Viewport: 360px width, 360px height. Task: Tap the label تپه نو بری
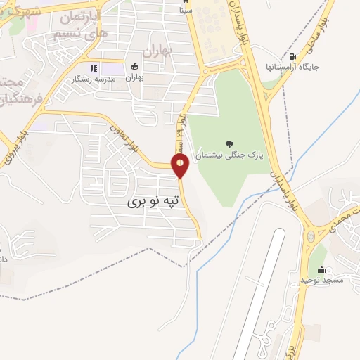tap(153, 201)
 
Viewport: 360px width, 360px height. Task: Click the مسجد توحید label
tap(321, 280)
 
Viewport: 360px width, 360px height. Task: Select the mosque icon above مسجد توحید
tap(322, 269)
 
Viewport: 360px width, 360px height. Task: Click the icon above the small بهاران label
tap(134, 67)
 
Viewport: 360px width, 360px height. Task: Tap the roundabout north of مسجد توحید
tap(311, 237)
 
